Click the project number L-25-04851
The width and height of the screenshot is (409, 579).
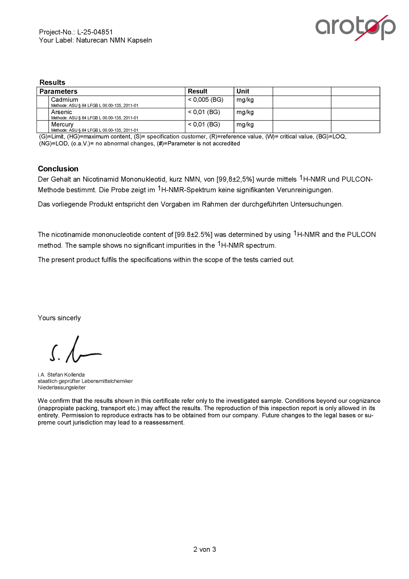(95, 32)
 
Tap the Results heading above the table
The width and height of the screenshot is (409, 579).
(52, 82)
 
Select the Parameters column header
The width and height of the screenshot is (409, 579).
(58, 91)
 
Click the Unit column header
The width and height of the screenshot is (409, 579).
(243, 91)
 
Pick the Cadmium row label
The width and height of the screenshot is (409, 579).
(65, 99)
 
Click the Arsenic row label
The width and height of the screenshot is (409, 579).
(61, 112)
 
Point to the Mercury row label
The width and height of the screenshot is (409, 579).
(62, 124)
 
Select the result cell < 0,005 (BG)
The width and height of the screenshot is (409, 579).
(205, 99)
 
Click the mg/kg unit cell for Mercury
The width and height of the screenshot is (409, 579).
(245, 124)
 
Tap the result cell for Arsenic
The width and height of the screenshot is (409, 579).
(204, 112)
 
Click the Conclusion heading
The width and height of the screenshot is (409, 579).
(58, 169)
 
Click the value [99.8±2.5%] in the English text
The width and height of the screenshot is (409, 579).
(194, 235)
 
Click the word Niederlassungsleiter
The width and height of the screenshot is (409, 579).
(62, 387)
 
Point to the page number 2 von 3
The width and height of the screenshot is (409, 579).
(204, 550)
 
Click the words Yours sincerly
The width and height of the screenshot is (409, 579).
(59, 318)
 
